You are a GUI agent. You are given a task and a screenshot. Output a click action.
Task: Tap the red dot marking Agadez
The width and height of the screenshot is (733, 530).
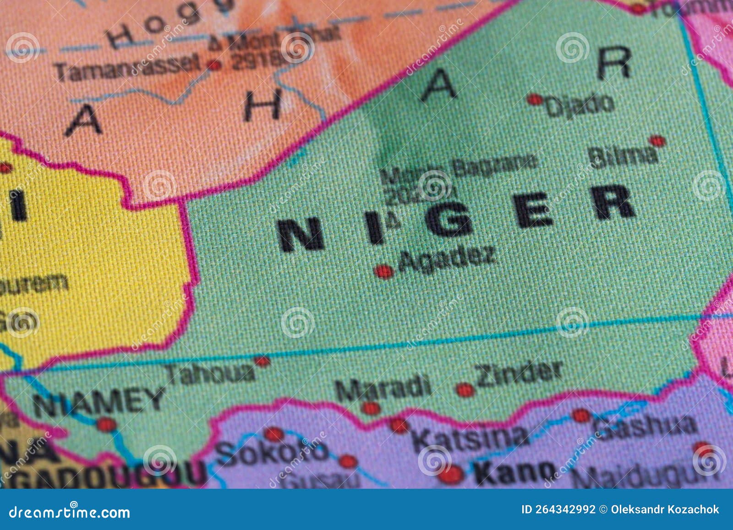point(383,272)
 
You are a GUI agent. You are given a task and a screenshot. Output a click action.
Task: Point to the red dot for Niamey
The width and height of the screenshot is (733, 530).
point(106,425)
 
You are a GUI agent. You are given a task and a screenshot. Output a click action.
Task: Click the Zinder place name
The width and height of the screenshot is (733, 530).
point(519,374)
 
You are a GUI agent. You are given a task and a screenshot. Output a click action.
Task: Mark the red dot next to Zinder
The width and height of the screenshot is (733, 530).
point(465,390)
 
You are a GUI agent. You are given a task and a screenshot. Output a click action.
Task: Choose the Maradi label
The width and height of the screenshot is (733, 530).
point(383,388)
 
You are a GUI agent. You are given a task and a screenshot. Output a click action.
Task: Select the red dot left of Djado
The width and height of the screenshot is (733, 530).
point(535,99)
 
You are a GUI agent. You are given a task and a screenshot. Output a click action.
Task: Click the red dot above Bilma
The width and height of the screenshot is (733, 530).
point(657,141)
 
